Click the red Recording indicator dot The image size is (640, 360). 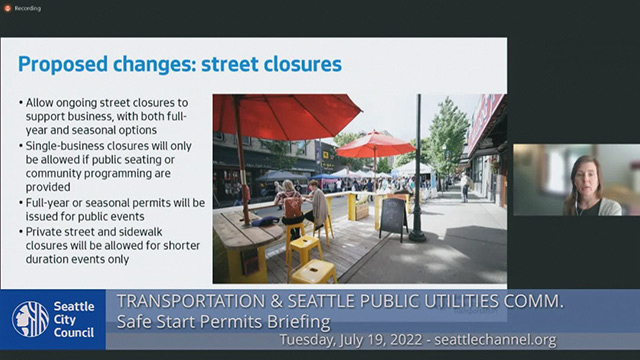tap(6, 7)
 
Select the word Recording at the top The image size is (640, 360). tap(27, 7)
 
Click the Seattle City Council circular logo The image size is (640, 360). tap(30, 319)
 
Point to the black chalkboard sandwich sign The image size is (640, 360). tap(393, 218)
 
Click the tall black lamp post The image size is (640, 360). tap(417, 170)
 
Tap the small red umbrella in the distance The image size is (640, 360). tap(375, 143)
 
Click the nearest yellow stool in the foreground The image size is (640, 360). tap(313, 271)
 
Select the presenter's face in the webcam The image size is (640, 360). tap(583, 176)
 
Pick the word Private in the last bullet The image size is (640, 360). tap(45, 230)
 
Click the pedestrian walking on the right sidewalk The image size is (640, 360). tap(464, 186)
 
